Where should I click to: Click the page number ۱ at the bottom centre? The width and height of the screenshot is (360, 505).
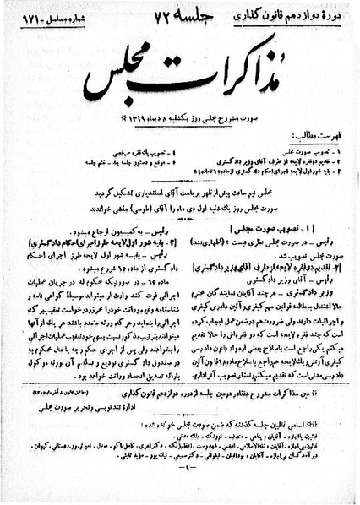click(179, 489)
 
